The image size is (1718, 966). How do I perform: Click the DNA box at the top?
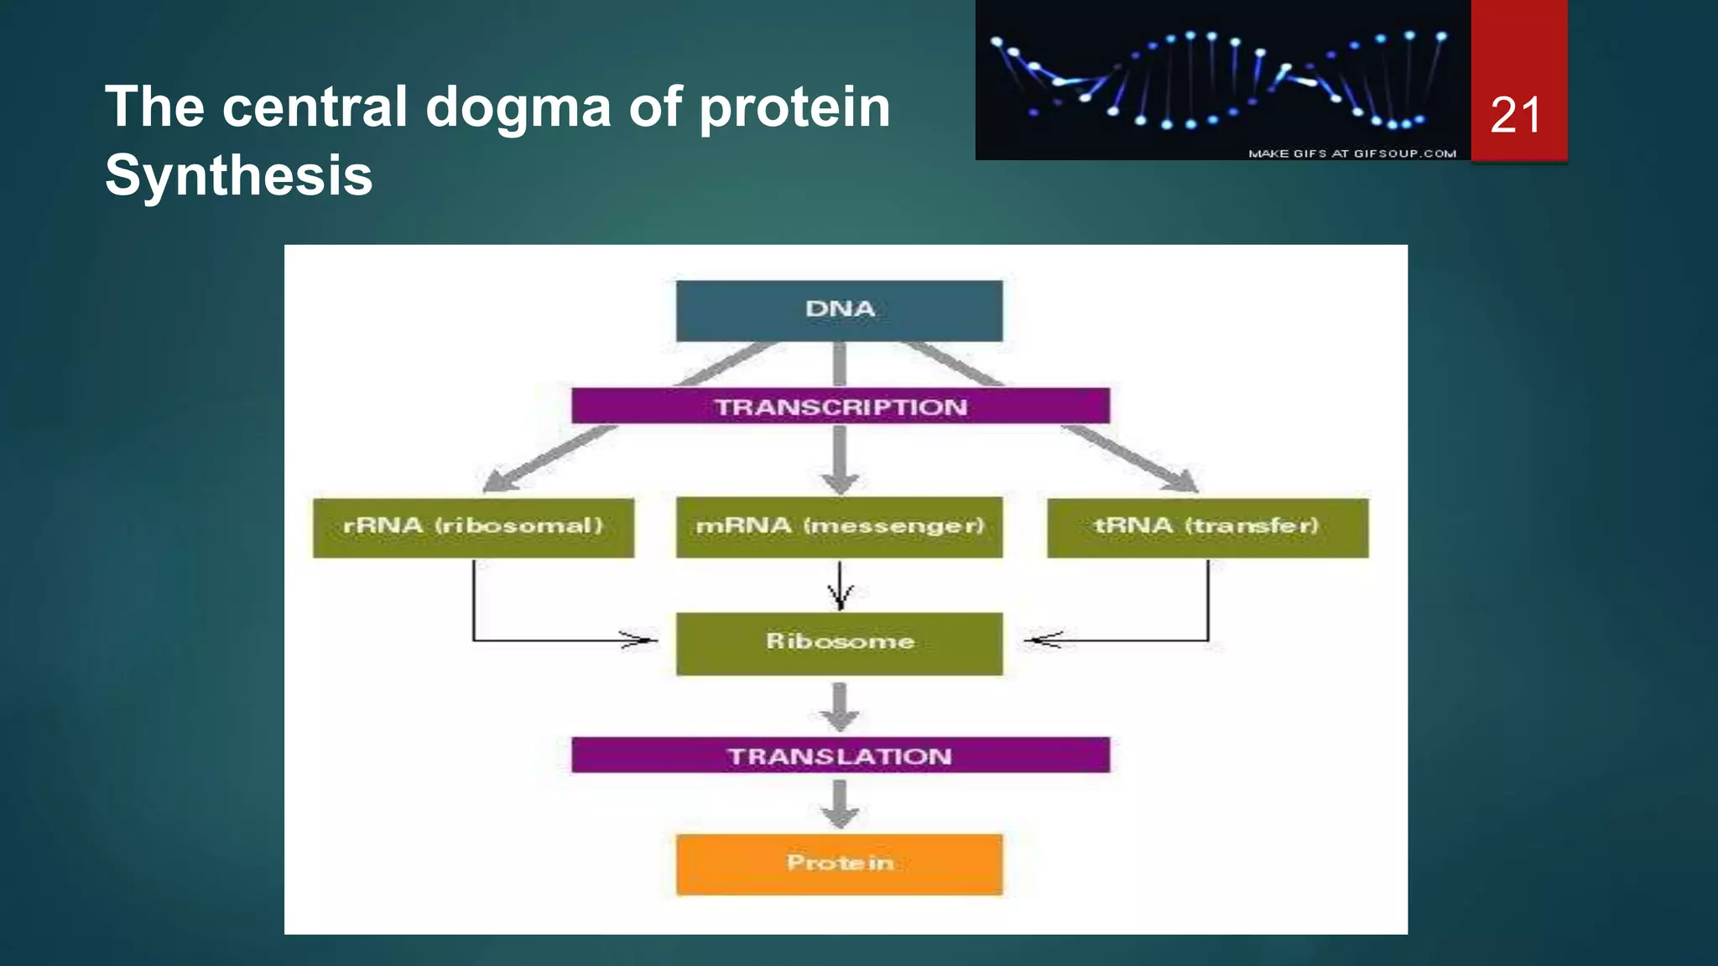(839, 310)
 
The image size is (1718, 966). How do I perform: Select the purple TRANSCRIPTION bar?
(840, 406)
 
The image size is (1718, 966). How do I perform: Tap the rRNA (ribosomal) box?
(473, 527)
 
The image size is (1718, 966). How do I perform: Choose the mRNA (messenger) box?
(839, 527)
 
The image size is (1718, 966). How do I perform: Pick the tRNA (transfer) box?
(1207, 527)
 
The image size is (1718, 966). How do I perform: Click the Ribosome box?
(839, 643)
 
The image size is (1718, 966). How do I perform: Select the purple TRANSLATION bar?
(840, 756)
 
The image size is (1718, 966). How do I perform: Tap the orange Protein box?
(839, 864)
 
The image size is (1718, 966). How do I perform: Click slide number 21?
(1517, 115)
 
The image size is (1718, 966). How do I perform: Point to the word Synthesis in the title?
(238, 176)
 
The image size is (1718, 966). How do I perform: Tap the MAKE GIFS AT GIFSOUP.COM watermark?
(1351, 153)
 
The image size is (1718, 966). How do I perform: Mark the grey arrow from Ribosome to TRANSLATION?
(840, 707)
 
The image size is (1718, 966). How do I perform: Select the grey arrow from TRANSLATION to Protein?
(840, 803)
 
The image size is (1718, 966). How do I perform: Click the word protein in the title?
(794, 107)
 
